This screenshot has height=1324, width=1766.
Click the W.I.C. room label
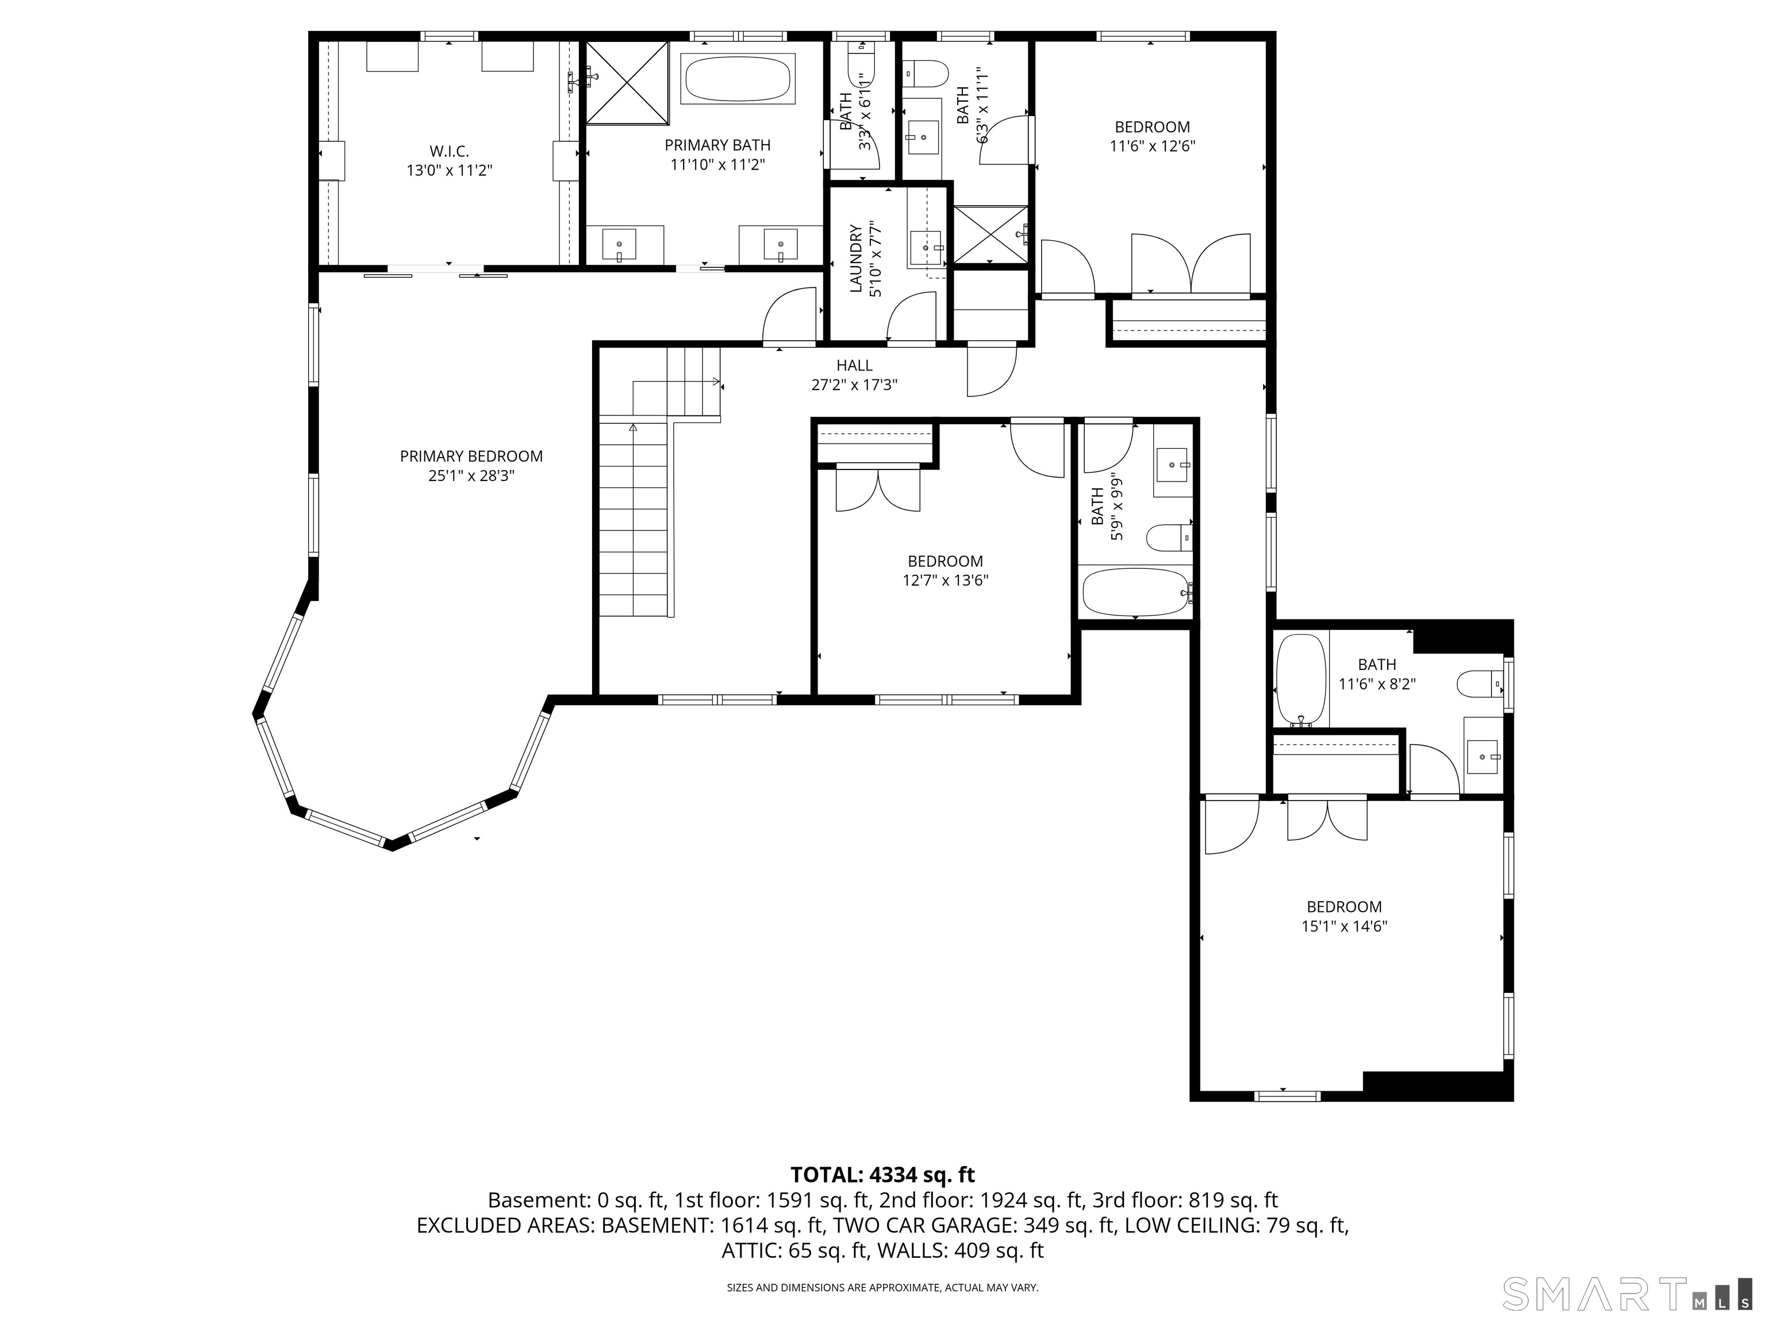[448, 151]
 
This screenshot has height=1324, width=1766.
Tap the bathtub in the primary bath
[738, 78]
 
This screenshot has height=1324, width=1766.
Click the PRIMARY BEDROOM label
[471, 456]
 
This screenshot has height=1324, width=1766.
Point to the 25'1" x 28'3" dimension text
[471, 476]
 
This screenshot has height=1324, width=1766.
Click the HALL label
[854, 365]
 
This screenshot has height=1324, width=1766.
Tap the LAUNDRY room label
[856, 259]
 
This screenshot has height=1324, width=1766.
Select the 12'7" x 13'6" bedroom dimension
[945, 581]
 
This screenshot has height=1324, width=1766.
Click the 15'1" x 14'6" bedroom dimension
[1345, 926]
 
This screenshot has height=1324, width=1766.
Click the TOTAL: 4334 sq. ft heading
[882, 1175]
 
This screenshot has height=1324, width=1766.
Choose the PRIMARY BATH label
[718, 145]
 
